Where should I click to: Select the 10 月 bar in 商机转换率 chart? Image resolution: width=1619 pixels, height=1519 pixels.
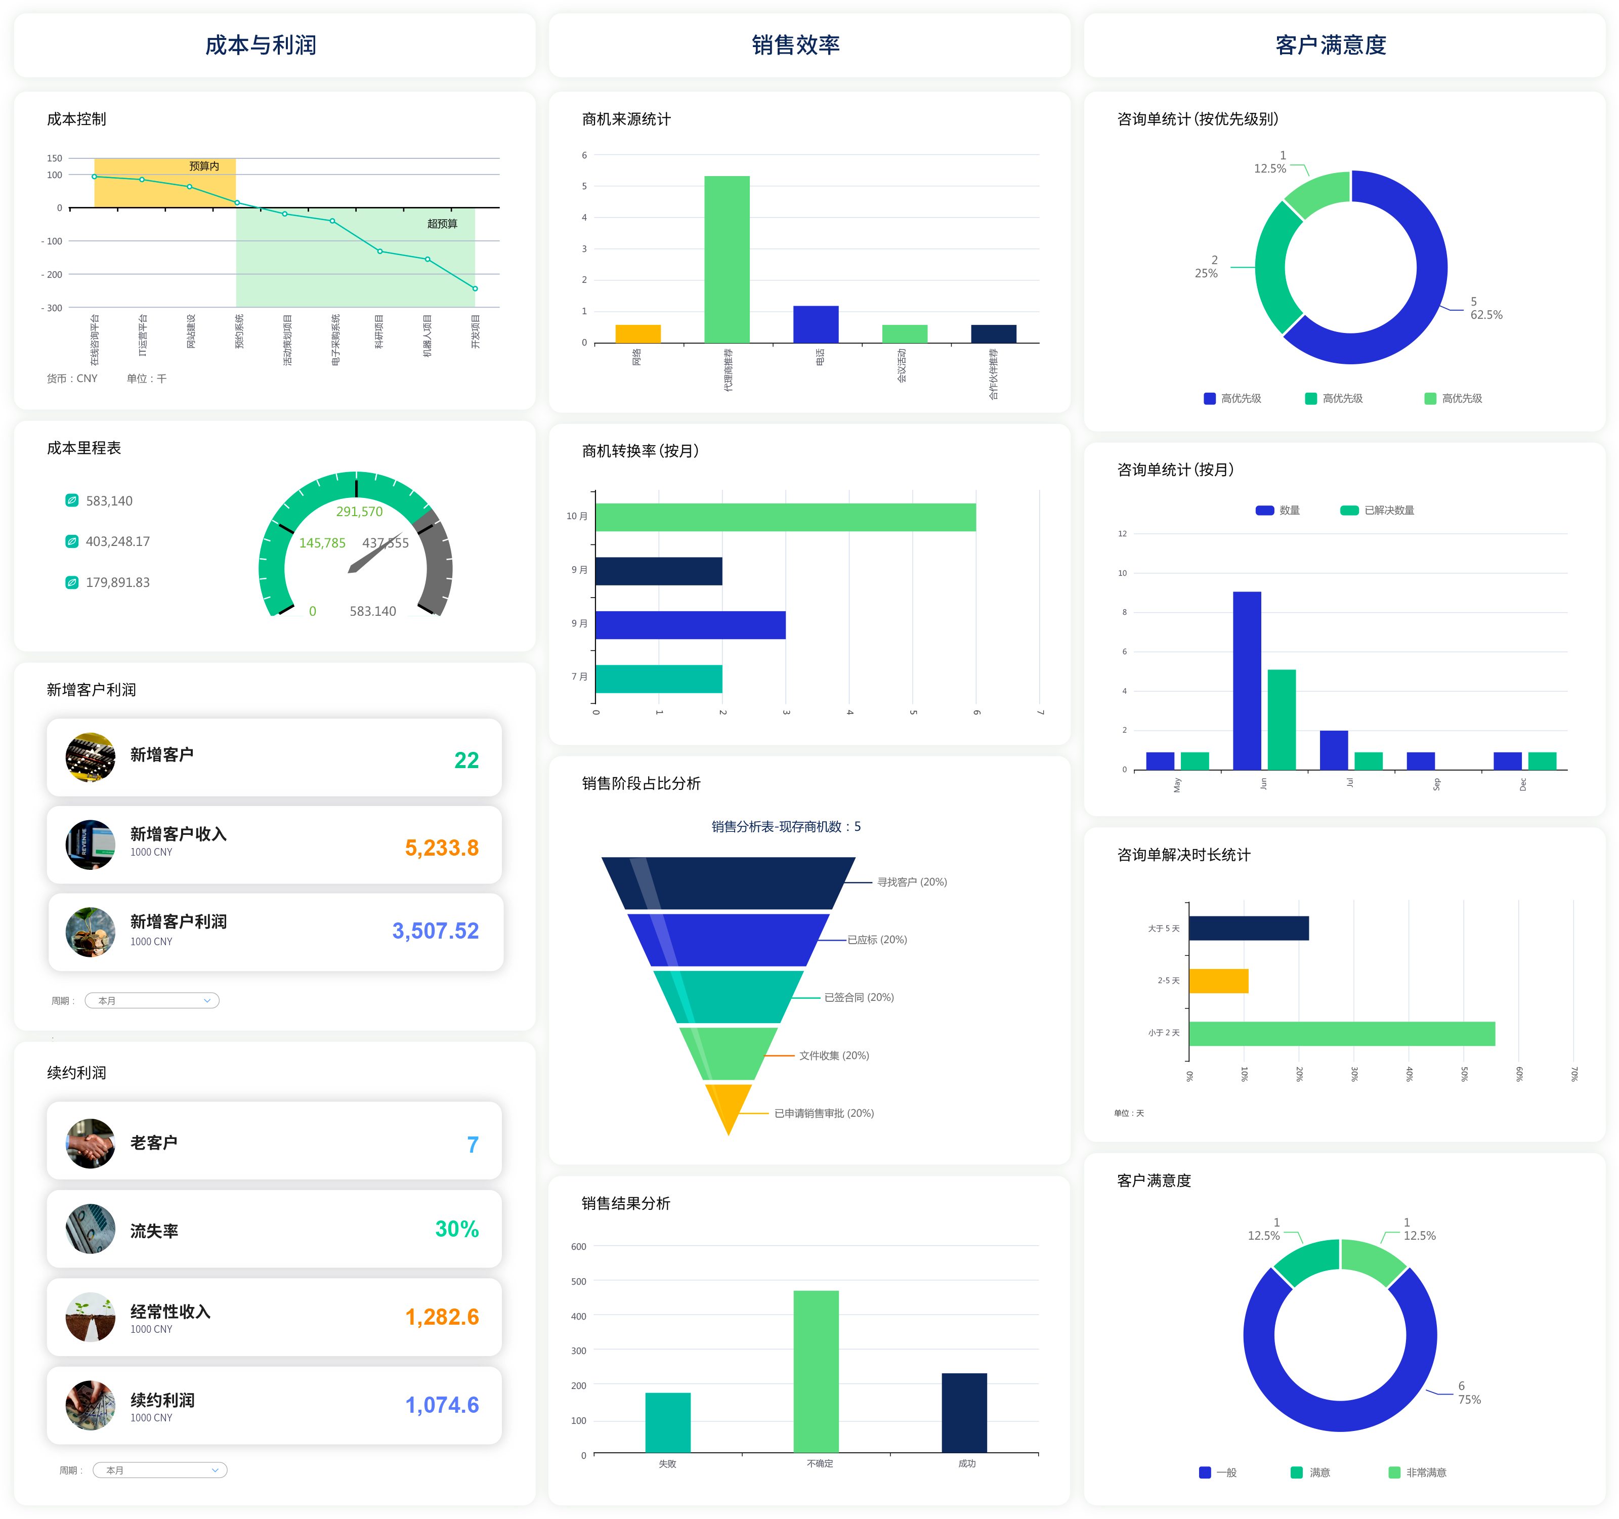tap(785, 517)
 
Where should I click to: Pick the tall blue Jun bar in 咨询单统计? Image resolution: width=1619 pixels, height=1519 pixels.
tap(1246, 680)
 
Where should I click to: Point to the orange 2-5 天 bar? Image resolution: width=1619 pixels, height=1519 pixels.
tap(1218, 981)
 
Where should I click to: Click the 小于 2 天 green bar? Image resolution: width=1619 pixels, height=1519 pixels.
tap(1341, 1034)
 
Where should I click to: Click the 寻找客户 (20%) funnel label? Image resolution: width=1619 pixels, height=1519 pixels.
tap(911, 882)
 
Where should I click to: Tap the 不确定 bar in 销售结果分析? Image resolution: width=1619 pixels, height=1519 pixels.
tap(816, 1371)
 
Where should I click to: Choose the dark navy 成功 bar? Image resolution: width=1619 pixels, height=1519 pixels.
tap(964, 1412)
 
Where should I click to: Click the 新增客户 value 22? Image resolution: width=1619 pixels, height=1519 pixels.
tap(466, 760)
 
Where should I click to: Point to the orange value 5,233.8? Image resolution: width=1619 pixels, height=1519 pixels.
tap(441, 848)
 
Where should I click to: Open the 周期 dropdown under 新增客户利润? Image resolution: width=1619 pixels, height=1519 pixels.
tap(152, 1000)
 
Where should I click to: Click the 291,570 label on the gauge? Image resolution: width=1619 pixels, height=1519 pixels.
tap(359, 512)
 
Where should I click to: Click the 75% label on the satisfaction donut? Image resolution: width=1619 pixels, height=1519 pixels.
tap(1469, 1399)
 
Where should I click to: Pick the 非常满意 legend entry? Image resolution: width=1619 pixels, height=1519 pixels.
tap(1425, 1472)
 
